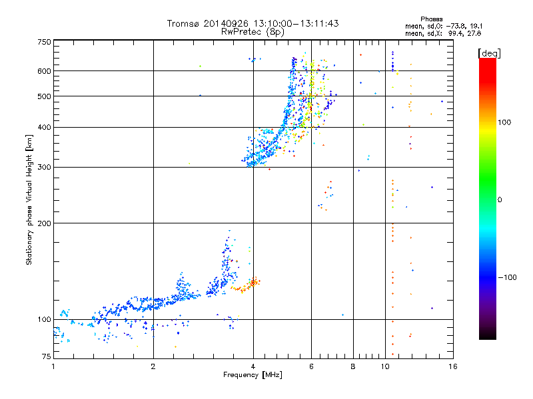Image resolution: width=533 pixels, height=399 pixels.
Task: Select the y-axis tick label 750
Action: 44,42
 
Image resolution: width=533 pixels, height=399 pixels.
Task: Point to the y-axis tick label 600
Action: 44,70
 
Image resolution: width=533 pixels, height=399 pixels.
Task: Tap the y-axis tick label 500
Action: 44,96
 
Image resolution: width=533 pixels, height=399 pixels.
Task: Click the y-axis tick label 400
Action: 44,127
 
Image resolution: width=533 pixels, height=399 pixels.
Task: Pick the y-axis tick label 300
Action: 44,167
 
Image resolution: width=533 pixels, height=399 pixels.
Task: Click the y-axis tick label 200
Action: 44,223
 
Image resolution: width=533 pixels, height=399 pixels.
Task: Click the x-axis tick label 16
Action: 452,366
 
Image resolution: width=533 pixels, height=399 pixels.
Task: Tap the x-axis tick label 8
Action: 353,366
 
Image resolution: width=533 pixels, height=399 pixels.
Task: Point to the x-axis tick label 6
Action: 311,366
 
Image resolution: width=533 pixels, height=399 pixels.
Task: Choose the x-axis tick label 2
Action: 153,366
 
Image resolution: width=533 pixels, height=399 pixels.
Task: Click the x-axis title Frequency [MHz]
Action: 253,375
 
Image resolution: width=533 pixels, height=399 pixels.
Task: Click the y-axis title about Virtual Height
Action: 29,200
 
